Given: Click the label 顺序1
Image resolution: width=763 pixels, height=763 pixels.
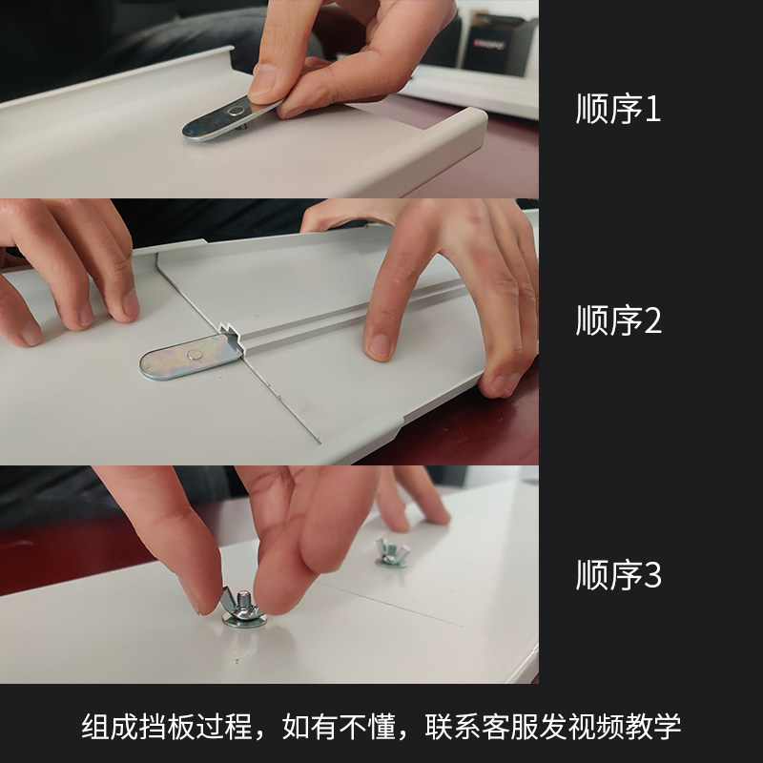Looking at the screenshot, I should (x=618, y=109).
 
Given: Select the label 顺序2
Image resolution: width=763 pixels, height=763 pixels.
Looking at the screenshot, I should (x=618, y=320).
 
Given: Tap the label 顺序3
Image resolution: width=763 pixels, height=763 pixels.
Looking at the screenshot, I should (x=618, y=575).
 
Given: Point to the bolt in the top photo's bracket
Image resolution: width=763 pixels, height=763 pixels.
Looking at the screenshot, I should (x=236, y=112).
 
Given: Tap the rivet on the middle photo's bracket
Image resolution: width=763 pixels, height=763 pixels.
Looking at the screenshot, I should (x=195, y=353).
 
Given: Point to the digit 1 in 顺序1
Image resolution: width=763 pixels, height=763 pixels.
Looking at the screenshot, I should (x=652, y=109).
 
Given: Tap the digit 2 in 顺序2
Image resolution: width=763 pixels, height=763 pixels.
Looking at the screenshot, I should (x=652, y=320).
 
